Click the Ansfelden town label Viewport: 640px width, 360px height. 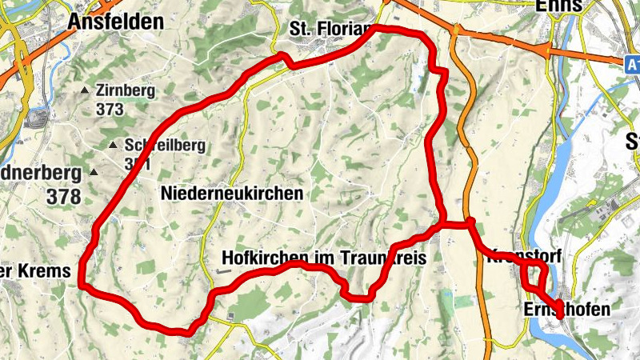coord(115,22)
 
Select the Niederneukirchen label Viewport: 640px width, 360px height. coord(232,193)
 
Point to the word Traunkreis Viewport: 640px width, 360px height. coord(383,258)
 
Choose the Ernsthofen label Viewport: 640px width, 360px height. coord(567,310)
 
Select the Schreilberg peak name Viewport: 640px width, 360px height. coord(154,146)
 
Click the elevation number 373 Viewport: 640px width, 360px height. coord(109,108)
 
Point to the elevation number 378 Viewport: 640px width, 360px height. coord(64,195)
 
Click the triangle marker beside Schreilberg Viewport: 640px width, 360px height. coord(114,146)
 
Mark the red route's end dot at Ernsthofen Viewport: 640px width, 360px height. coord(559,315)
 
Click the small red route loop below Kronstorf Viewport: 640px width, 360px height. coord(532,277)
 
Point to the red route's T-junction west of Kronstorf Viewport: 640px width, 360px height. coord(442,224)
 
